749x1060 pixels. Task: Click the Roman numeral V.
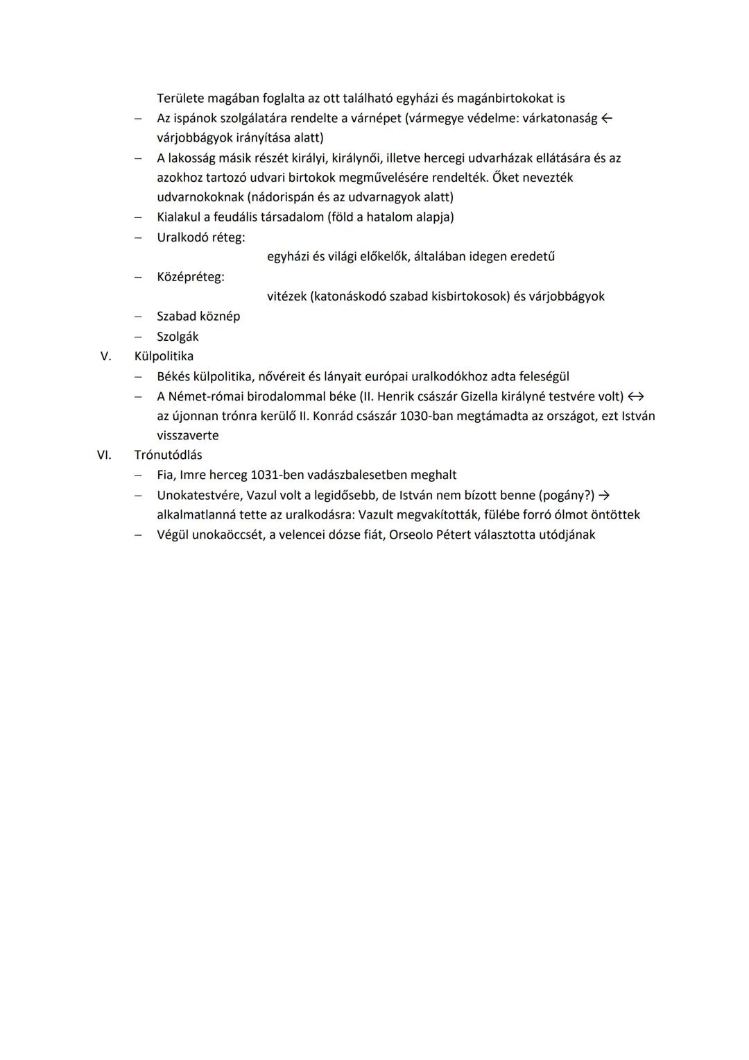[106, 357]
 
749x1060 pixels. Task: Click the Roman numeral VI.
[104, 455]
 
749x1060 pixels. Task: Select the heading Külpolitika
[164, 357]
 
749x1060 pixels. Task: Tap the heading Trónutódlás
[168, 455]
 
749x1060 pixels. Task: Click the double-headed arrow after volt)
[636, 397]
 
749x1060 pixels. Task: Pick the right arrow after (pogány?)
[604, 496]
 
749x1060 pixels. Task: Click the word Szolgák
[178, 337]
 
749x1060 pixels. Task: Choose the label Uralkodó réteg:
[200, 237]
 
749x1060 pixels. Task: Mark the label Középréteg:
[191, 278]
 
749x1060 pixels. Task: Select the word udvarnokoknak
[200, 198]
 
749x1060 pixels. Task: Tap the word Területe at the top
[184, 99]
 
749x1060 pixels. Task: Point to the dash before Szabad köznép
[139, 317]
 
